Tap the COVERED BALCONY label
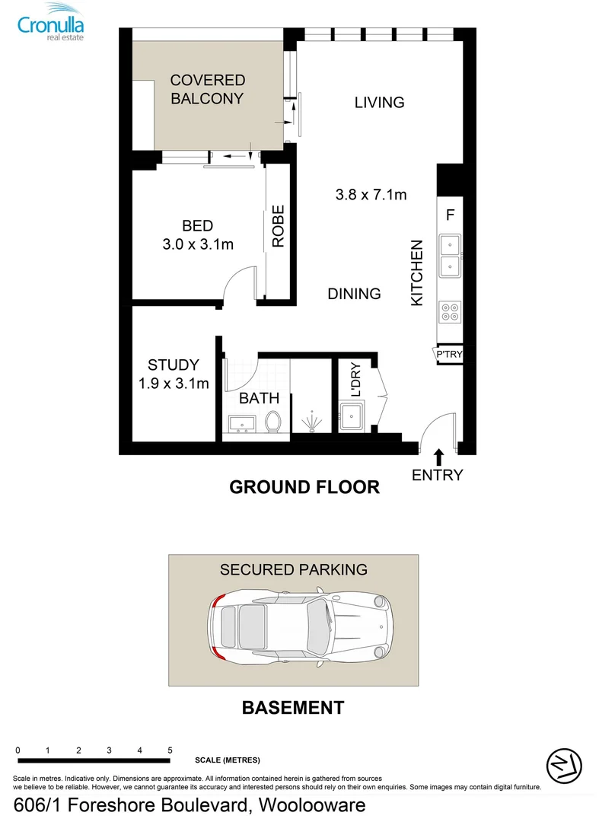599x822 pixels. pyautogui.click(x=207, y=89)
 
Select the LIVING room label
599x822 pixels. pyautogui.click(x=379, y=102)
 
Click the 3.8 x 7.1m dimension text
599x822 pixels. pyautogui.click(x=371, y=195)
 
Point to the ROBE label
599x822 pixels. pyautogui.click(x=278, y=226)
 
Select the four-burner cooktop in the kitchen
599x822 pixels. pyautogui.click(x=449, y=312)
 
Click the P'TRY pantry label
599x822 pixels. pyautogui.click(x=449, y=354)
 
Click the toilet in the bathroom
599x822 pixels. pyautogui.click(x=273, y=421)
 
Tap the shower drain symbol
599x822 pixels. pyautogui.click(x=312, y=421)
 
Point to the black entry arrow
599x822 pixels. pyautogui.click(x=438, y=457)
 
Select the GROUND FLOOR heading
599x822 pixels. pyautogui.click(x=304, y=487)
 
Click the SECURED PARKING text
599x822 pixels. pyautogui.click(x=293, y=569)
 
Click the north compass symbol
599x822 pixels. pyautogui.click(x=564, y=763)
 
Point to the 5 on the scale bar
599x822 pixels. pyautogui.click(x=170, y=750)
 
